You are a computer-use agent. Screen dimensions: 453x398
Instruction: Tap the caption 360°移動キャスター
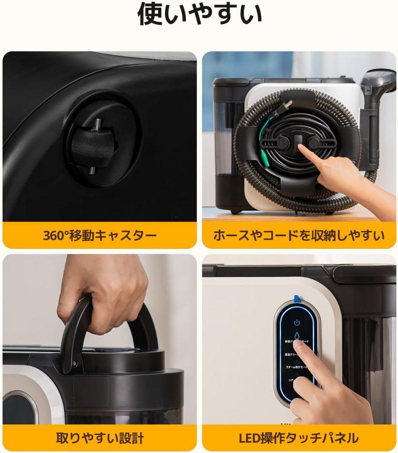coord(99,235)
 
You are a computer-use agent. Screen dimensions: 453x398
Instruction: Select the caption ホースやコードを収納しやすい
coord(299,235)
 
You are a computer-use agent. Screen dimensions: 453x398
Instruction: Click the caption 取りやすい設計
coord(99,438)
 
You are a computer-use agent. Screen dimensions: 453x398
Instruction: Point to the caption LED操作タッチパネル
coord(299,438)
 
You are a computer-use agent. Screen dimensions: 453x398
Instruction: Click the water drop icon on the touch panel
coord(297,336)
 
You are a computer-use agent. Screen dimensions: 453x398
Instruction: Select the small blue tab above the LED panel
coord(297,298)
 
